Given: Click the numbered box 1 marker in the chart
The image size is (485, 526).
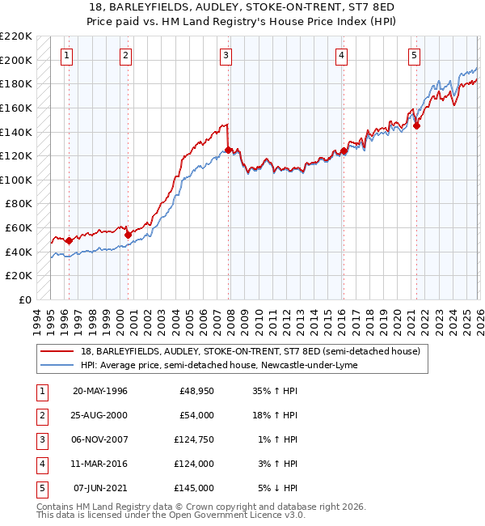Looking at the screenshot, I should point(65,56).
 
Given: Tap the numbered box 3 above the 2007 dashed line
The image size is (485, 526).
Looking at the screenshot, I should point(226,56).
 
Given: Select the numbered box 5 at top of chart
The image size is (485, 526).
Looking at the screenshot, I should point(414,56).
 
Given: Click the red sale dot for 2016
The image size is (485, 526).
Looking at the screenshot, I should point(344,151).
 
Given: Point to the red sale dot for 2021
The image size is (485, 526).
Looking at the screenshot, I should point(417,125).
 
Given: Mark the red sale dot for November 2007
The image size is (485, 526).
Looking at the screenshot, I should point(229,150).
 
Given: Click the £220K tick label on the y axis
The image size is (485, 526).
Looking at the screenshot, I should point(16,36).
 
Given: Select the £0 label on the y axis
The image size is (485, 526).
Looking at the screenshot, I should point(24,299).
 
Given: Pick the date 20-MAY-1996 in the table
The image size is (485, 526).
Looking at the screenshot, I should point(100,391).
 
